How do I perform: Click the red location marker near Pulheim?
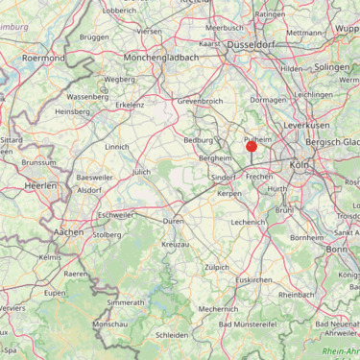coord(252,146)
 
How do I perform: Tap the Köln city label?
coord(300,165)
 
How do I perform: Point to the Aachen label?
coord(68,232)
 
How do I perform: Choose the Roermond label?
coord(44,58)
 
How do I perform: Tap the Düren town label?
coord(174,221)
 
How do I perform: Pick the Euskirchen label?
coord(254,279)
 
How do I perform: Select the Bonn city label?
coord(336,249)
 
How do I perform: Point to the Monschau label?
coord(108,325)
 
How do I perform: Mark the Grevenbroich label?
coord(200,100)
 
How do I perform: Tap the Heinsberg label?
coord(73,111)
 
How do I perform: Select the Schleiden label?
coord(172,335)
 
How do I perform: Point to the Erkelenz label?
coord(130,105)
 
